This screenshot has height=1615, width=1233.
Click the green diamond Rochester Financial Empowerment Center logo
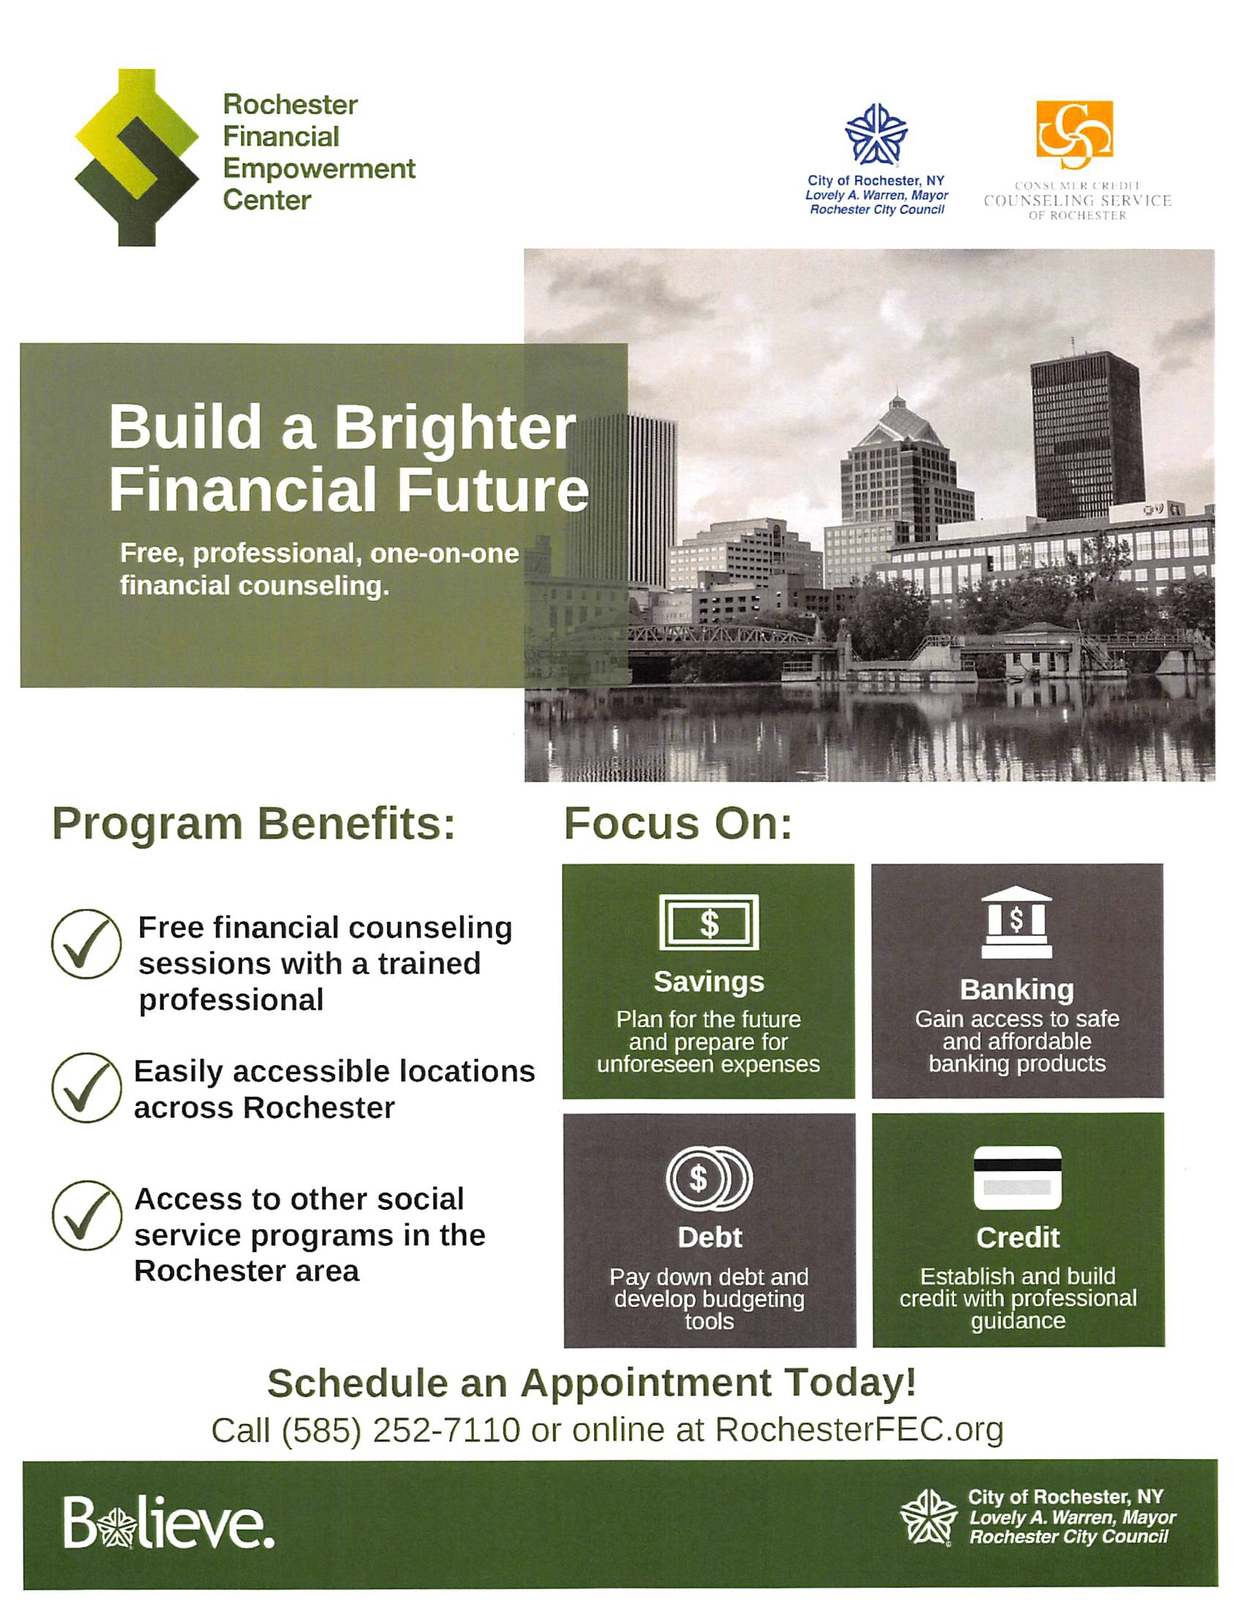point(136,157)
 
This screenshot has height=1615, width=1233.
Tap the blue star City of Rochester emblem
point(876,134)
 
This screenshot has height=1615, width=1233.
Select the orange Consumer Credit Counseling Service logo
point(1075,135)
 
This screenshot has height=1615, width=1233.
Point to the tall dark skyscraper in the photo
point(1086,436)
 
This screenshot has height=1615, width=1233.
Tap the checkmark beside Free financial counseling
point(86,944)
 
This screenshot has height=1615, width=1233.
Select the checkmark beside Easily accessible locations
point(86,1088)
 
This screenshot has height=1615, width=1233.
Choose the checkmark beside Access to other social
point(86,1215)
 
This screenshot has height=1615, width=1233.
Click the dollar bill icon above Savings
point(709,922)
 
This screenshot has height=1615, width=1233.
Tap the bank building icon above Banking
point(1016,921)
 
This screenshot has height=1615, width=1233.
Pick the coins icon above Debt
point(709,1178)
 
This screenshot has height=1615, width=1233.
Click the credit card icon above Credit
point(1017,1178)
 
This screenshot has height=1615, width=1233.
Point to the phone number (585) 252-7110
point(401,1430)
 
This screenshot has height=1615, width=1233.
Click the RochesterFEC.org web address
point(859,1430)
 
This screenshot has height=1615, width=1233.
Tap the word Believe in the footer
point(169,1523)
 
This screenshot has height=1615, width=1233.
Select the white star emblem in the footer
point(929,1518)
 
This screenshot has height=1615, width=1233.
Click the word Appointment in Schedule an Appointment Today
point(646,1384)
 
